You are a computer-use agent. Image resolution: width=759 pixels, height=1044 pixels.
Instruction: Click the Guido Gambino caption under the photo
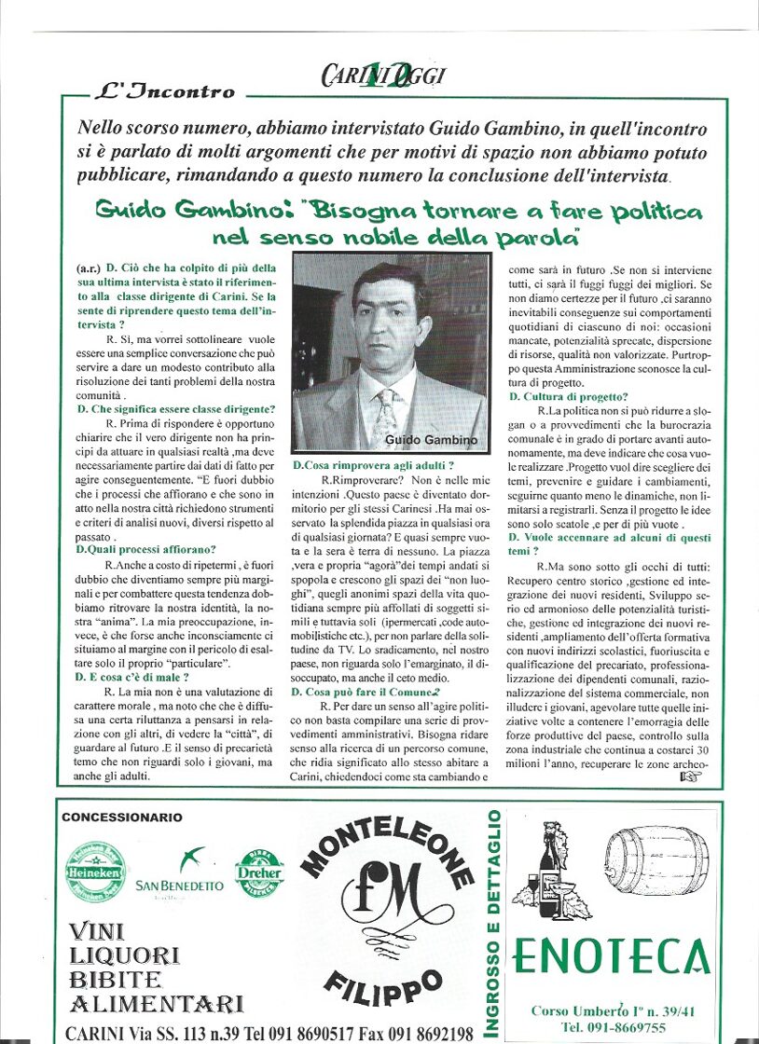(x=430, y=440)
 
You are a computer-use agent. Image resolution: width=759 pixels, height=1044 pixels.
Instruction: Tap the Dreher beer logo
(x=259, y=872)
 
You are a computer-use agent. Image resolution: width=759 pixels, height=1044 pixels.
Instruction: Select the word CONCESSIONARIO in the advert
(x=122, y=817)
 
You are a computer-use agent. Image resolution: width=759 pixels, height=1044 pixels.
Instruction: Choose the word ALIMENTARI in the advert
(x=157, y=1002)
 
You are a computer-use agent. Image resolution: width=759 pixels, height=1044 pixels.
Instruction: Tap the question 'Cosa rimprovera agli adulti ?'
(x=374, y=464)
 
